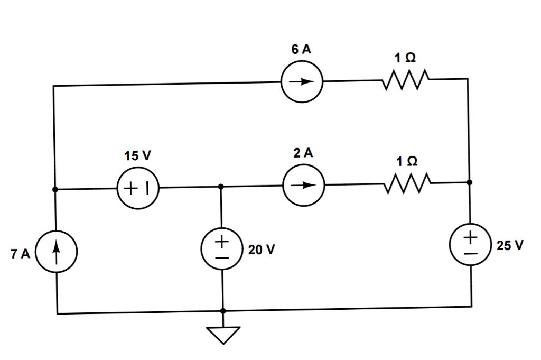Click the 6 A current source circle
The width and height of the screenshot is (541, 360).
tap(302, 82)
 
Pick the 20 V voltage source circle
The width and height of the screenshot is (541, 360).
tap(222, 249)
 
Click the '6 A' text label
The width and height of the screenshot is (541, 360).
tap(301, 50)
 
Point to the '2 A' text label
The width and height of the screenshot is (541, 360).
tap(303, 153)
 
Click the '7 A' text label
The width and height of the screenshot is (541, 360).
tap(20, 254)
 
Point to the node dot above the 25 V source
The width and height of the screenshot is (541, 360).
tap(470, 182)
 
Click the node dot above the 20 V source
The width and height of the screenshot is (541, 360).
tap(221, 187)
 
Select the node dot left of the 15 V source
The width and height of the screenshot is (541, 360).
tap(54, 189)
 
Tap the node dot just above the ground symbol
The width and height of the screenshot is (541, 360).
tap(223, 311)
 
